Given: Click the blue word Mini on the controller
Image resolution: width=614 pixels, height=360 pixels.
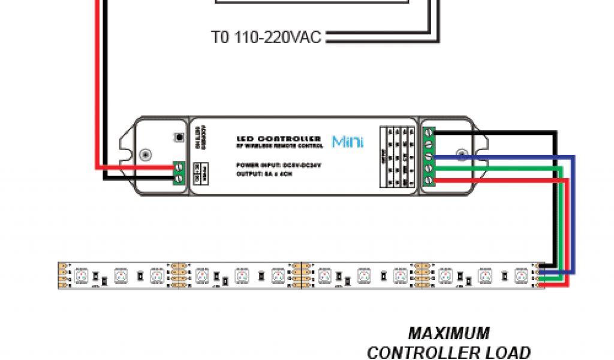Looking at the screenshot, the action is pyautogui.click(x=348, y=142).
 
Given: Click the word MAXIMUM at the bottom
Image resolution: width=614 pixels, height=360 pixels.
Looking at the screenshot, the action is pyautogui.click(x=449, y=333).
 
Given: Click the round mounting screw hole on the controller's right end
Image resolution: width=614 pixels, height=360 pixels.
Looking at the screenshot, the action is pyautogui.click(x=462, y=155).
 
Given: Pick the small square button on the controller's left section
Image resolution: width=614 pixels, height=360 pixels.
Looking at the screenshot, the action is pyautogui.click(x=177, y=137).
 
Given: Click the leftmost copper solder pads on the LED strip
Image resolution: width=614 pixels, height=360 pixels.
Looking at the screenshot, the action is pyautogui.click(x=62, y=275).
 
